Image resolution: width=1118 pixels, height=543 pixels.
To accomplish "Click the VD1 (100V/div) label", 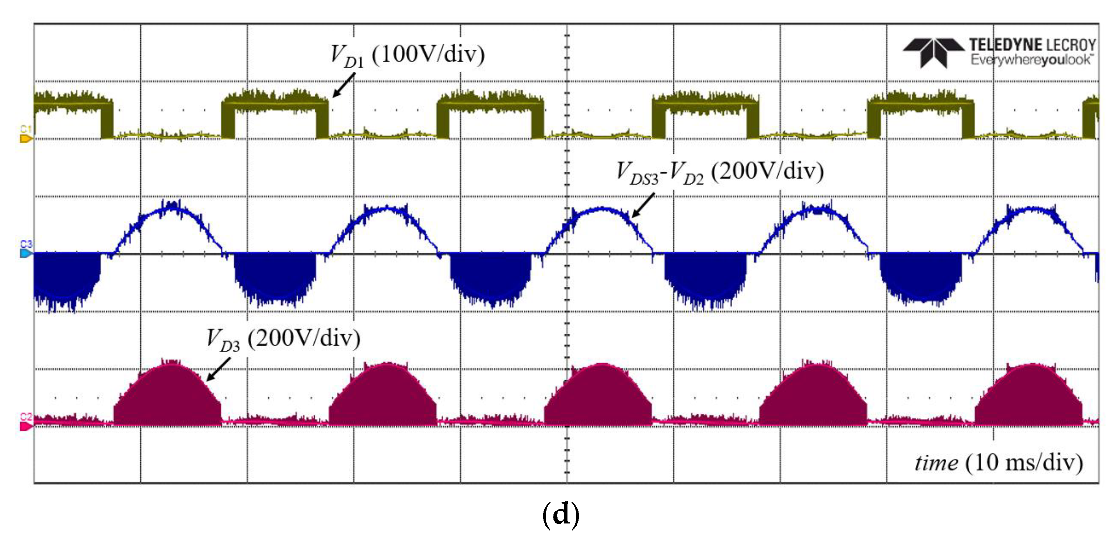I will click(407, 56).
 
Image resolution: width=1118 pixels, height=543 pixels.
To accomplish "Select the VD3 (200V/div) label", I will click(283, 339).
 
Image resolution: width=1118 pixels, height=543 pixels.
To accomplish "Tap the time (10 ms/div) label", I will click(999, 463).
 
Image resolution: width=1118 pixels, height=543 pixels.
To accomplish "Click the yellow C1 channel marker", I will click(25, 139).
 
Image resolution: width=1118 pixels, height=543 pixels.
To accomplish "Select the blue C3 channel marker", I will click(25, 253).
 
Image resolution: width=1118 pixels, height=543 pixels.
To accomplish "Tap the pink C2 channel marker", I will click(25, 426).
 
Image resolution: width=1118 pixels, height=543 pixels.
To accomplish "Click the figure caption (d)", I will click(561, 514).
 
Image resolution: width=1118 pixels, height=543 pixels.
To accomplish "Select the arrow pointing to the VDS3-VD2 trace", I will click(643, 205).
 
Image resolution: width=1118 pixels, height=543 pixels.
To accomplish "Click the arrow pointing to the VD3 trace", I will click(218, 369).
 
